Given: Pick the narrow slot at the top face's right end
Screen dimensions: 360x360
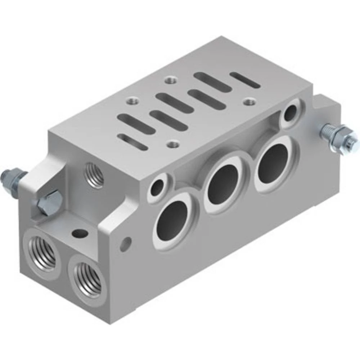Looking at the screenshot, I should (245, 80).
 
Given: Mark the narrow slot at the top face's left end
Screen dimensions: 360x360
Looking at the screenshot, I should (132, 141).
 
